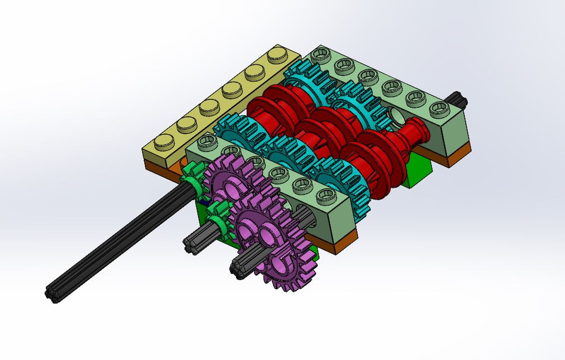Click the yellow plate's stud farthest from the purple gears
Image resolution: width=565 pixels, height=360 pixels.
tap(275, 57)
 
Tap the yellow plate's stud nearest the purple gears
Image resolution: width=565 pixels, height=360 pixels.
tap(164, 142)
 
